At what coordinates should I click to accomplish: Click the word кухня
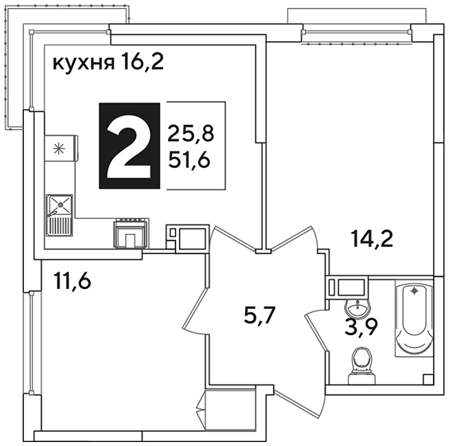[x=84, y=63]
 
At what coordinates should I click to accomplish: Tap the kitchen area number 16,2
[x=143, y=61]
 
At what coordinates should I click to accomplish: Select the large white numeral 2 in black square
[x=129, y=146]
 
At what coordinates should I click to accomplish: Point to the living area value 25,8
[x=190, y=134]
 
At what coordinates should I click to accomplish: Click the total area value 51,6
[x=189, y=159]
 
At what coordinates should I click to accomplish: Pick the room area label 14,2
[x=373, y=239]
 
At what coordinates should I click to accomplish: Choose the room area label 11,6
[x=72, y=282]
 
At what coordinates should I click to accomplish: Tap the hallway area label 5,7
[x=260, y=315]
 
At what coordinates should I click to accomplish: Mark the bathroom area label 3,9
[x=361, y=327]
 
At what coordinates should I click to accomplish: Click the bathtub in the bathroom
[x=414, y=319]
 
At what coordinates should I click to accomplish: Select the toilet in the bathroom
[x=361, y=366]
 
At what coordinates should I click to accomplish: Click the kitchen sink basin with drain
[x=61, y=205]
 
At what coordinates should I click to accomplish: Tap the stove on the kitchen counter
[x=131, y=233]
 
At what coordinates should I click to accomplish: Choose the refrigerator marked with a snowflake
[x=61, y=148]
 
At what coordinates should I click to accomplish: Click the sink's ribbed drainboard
[x=60, y=226]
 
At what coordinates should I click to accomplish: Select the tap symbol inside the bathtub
[x=414, y=291]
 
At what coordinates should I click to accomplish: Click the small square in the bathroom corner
[x=428, y=379]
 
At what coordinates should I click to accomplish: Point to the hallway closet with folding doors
[x=230, y=409]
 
